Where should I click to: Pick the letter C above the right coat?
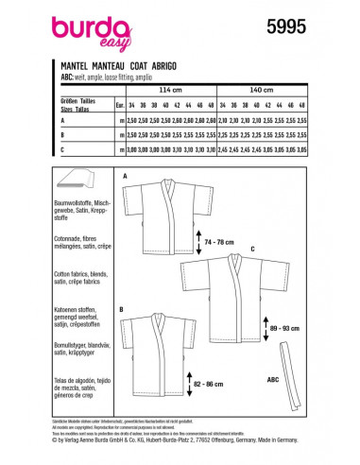252,249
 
